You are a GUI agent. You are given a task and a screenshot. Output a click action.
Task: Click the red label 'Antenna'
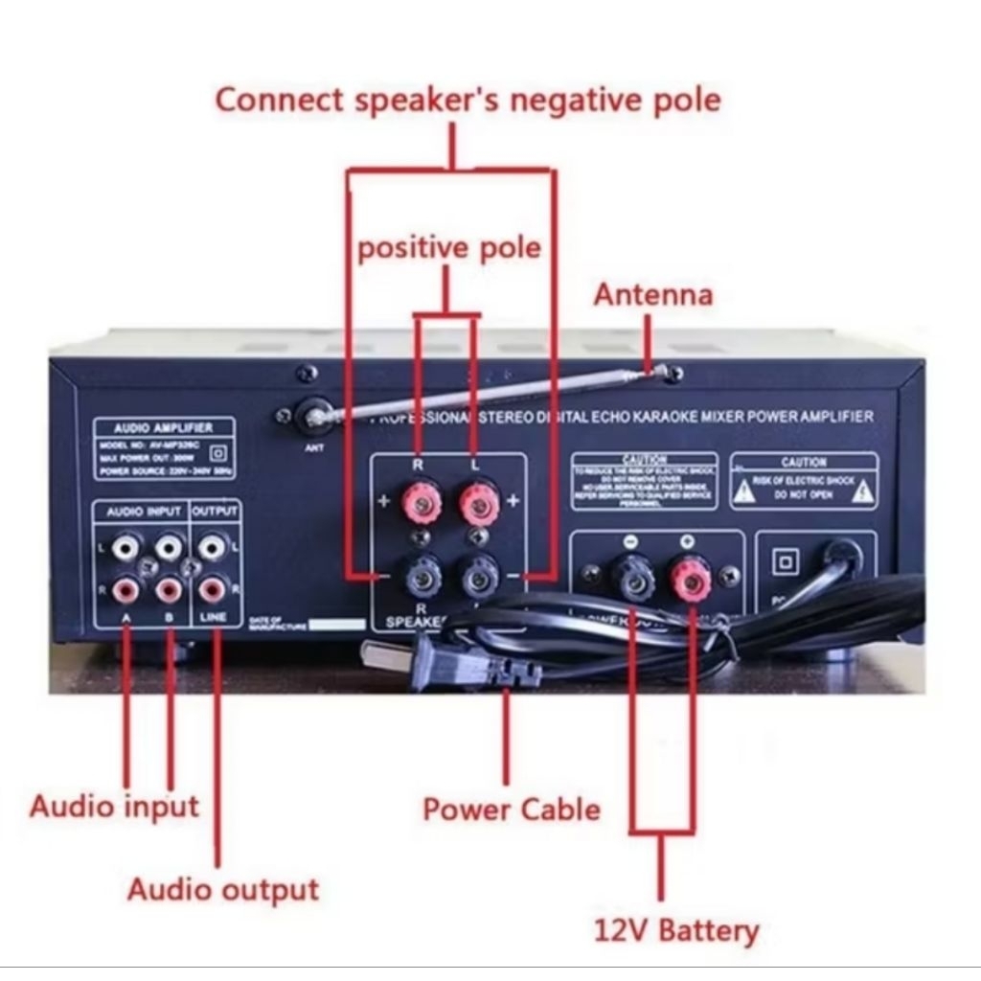652,294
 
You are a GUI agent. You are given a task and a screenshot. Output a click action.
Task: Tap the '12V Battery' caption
676,929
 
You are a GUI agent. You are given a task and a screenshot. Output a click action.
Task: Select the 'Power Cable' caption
512,810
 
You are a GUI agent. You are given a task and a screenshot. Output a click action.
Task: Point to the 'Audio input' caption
114,806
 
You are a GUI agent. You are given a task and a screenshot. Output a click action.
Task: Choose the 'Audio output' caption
222,889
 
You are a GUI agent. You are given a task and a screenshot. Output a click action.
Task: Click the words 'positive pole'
448,248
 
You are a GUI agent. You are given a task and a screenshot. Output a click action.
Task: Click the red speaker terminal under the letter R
419,501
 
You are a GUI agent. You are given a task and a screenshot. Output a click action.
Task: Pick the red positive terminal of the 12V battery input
690,576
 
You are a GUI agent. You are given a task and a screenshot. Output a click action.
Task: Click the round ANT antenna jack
314,417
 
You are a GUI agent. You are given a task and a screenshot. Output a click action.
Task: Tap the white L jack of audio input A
125,548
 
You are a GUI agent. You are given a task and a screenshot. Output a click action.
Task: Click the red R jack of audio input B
169,588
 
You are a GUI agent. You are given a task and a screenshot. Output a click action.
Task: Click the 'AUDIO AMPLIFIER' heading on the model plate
163,427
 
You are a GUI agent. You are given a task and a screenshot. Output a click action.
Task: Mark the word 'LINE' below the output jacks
213,617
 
